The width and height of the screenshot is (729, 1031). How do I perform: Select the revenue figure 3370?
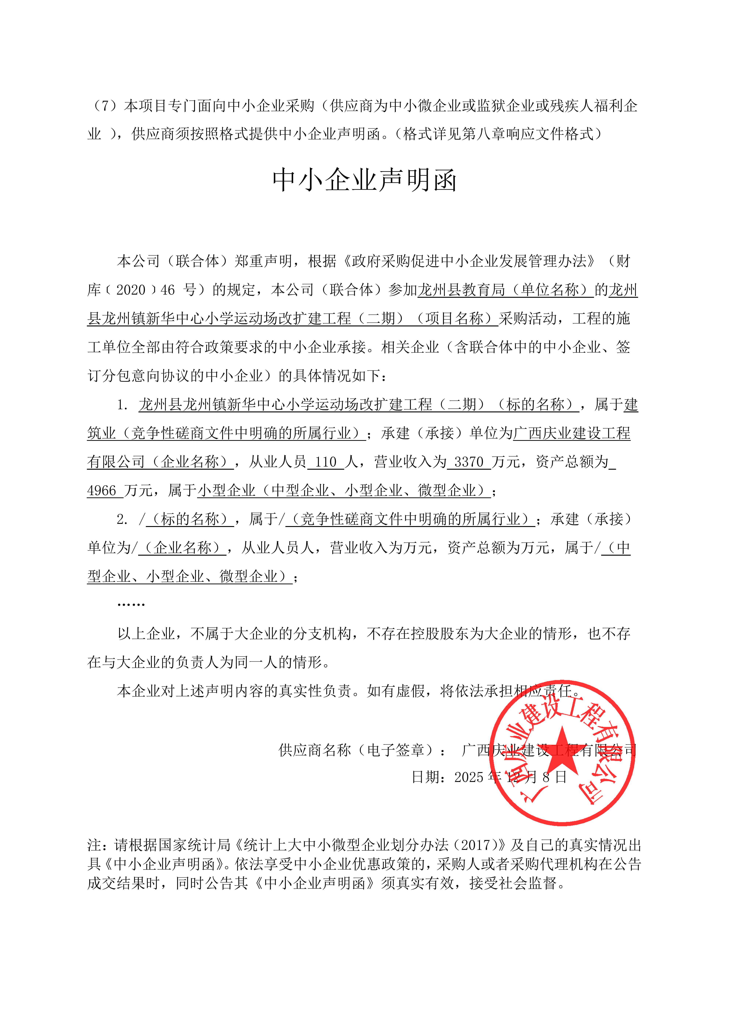tap(469, 462)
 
